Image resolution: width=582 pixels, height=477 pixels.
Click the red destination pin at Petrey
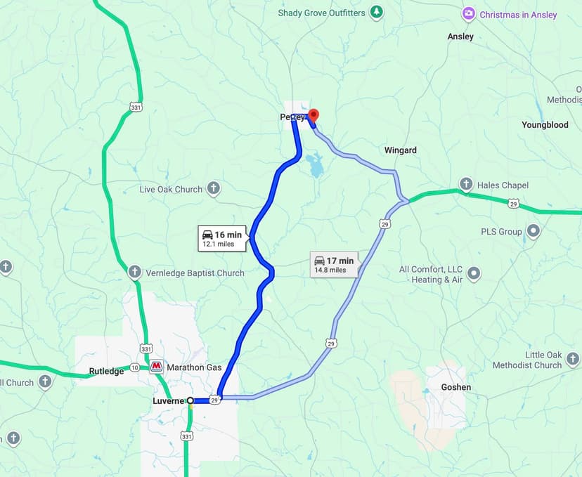[x=313, y=115]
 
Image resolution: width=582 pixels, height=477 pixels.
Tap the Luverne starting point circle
[x=190, y=400]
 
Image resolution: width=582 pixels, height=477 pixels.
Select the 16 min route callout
[x=222, y=238]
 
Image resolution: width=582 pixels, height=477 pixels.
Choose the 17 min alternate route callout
[x=334, y=264]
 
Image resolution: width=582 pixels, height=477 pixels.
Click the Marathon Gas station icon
[x=156, y=367]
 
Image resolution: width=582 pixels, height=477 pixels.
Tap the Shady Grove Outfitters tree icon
[x=377, y=12]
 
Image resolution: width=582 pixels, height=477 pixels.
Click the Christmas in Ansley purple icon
[x=468, y=14]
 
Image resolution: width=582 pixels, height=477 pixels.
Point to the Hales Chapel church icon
[x=465, y=185]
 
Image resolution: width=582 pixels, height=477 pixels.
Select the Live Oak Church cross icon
[x=214, y=189]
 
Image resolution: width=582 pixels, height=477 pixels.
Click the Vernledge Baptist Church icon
[x=135, y=273]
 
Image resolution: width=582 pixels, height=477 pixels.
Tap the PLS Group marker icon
[x=533, y=231]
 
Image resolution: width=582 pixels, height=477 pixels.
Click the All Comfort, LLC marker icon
[x=474, y=274]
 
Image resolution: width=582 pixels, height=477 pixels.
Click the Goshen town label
[x=455, y=387]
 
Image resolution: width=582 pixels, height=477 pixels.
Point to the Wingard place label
[x=400, y=150]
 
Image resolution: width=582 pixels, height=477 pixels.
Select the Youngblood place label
[x=545, y=125]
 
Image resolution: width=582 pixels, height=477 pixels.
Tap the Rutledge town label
[x=106, y=371]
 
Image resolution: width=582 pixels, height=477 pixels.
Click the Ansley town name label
[x=460, y=37]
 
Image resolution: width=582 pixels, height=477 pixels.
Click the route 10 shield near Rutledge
[x=134, y=367]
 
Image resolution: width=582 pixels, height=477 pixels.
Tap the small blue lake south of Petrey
[x=313, y=166]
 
